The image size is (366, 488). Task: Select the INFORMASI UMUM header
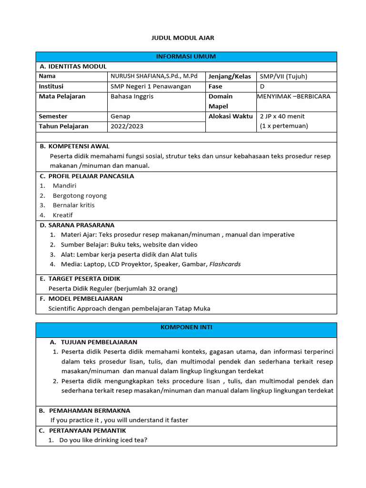click(186, 57)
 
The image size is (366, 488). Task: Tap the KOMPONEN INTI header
click(186, 327)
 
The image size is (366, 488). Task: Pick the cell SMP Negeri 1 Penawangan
click(151, 86)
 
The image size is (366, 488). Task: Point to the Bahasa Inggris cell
click(132, 96)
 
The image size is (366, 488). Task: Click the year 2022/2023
click(126, 126)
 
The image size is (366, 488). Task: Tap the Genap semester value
click(120, 116)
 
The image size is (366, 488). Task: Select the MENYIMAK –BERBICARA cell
click(294, 96)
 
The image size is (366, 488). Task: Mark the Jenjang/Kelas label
click(230, 76)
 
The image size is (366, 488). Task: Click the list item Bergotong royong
click(80, 195)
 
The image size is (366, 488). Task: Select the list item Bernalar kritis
click(74, 205)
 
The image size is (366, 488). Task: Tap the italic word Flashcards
click(225, 264)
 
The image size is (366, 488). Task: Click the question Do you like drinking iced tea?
click(103, 440)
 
